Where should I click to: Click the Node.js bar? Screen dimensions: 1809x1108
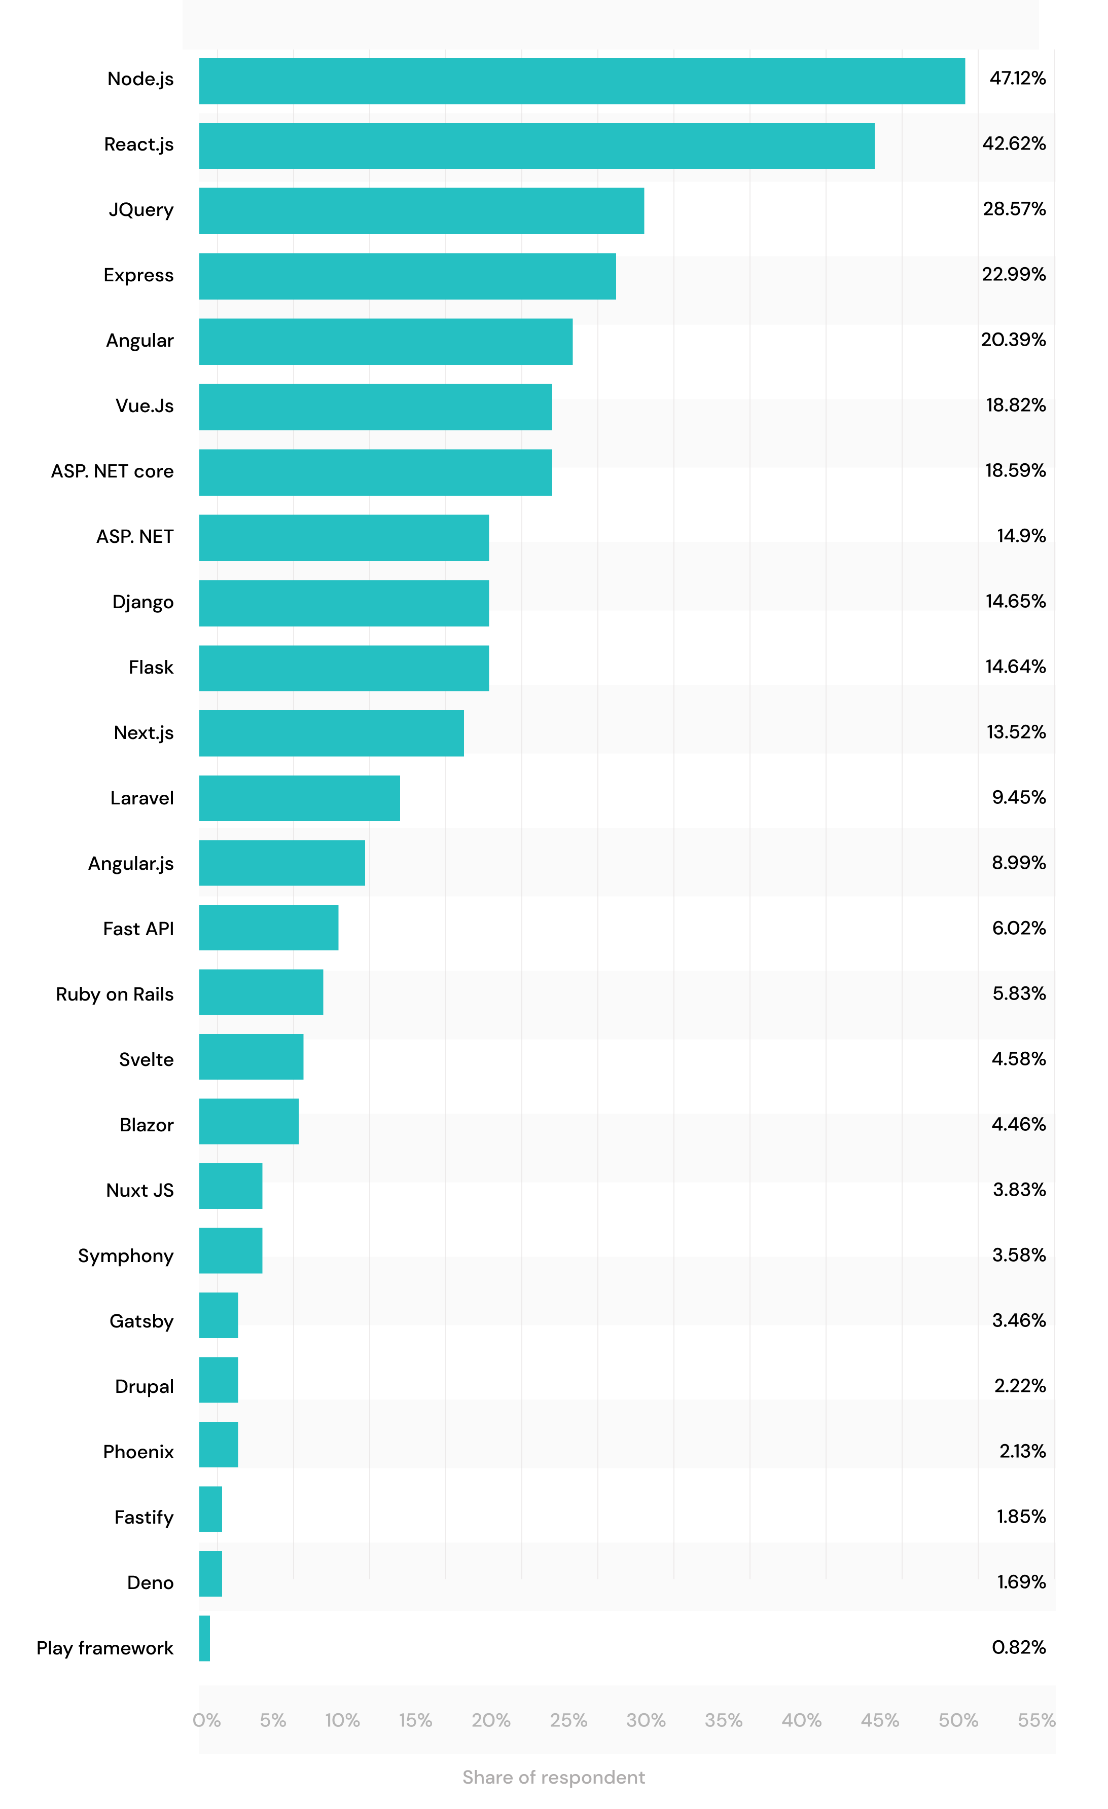[x=582, y=81]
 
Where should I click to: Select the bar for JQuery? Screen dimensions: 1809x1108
[x=421, y=211]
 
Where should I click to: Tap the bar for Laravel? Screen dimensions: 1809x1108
[x=300, y=798]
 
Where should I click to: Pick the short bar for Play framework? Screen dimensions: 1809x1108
[x=205, y=1638]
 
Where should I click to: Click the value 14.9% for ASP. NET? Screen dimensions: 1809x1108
[x=1021, y=536]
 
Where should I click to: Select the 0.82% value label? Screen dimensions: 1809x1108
[x=1018, y=1647]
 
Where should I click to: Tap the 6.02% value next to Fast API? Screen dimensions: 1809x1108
[x=1018, y=928]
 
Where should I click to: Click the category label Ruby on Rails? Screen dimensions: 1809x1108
[x=115, y=994]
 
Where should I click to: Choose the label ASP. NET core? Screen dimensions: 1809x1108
[x=113, y=471]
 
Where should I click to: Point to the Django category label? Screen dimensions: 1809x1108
[x=142, y=602]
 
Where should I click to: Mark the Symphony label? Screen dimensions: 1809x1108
[x=126, y=1256]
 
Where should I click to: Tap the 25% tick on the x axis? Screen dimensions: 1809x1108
[x=568, y=1720]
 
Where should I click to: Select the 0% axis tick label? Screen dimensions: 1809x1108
[x=206, y=1720]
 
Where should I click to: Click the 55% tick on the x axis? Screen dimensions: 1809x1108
[x=1036, y=1720]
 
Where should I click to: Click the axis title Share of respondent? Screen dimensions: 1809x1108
[x=554, y=1778]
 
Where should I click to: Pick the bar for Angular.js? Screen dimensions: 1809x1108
[x=282, y=863]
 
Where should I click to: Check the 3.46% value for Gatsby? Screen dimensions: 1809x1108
[x=1018, y=1320]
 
